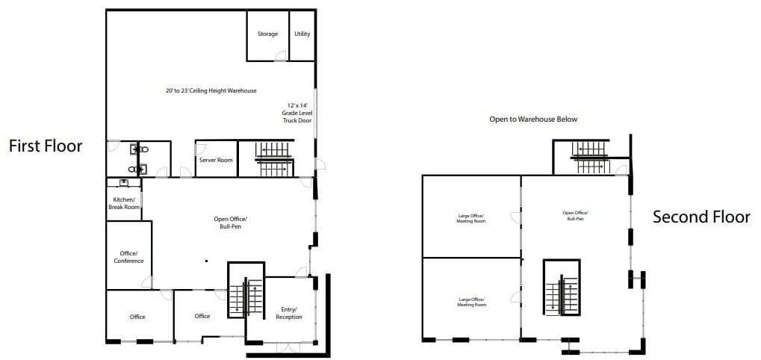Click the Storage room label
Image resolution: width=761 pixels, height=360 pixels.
coord(267,34)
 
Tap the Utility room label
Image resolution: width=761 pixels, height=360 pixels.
coord(302,34)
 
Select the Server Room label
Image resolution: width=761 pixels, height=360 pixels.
coord(216,161)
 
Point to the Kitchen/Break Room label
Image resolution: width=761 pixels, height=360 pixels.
coord(123,203)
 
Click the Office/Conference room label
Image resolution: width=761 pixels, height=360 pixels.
coord(128,256)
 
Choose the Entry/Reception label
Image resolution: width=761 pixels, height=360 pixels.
coord(288,313)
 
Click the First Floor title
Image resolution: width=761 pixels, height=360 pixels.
coord(46,146)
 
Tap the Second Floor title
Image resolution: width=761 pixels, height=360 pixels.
coord(701,217)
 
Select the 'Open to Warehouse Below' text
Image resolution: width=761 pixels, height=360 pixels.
coord(532,120)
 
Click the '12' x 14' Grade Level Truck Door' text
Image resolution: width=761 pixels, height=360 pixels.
coord(296,113)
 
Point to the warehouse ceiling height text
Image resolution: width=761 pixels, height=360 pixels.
coord(211,91)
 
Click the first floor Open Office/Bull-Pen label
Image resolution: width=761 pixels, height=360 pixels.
coord(230,222)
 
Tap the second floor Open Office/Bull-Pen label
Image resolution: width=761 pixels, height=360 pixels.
coord(574,216)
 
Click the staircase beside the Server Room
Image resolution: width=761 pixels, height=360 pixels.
coord(274,159)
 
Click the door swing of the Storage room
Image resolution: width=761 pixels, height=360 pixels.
coord(280,55)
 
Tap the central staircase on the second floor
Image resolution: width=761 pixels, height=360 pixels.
coord(561,288)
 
